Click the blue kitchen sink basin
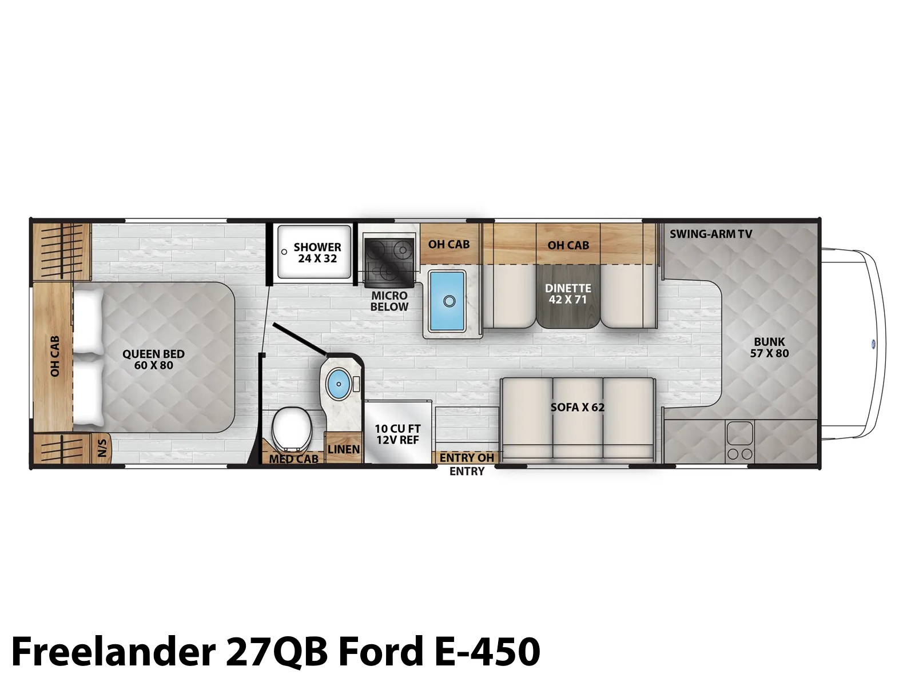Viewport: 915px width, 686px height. coord(447,301)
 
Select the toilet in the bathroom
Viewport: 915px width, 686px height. coord(292,429)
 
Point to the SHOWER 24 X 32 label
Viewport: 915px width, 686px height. coord(317,253)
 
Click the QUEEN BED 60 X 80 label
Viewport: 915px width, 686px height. coord(153,360)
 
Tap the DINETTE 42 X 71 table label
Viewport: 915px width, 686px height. coord(568,294)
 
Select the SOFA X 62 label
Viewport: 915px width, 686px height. coord(578,407)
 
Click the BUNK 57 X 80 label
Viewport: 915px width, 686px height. coord(770,348)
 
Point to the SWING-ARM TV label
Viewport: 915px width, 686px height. coord(711,234)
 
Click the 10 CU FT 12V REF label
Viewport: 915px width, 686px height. coord(397,434)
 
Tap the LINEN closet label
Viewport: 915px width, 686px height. coord(344,449)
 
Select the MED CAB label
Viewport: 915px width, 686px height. coord(293,459)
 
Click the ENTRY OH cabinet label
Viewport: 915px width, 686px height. coord(467,458)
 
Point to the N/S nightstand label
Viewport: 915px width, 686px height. coord(102,448)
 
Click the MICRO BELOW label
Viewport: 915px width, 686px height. coord(389,301)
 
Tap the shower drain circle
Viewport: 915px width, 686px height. coord(284,252)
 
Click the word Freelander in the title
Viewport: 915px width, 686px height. coord(113,652)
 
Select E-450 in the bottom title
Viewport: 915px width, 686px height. coord(488,652)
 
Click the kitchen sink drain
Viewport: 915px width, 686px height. coord(449,301)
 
